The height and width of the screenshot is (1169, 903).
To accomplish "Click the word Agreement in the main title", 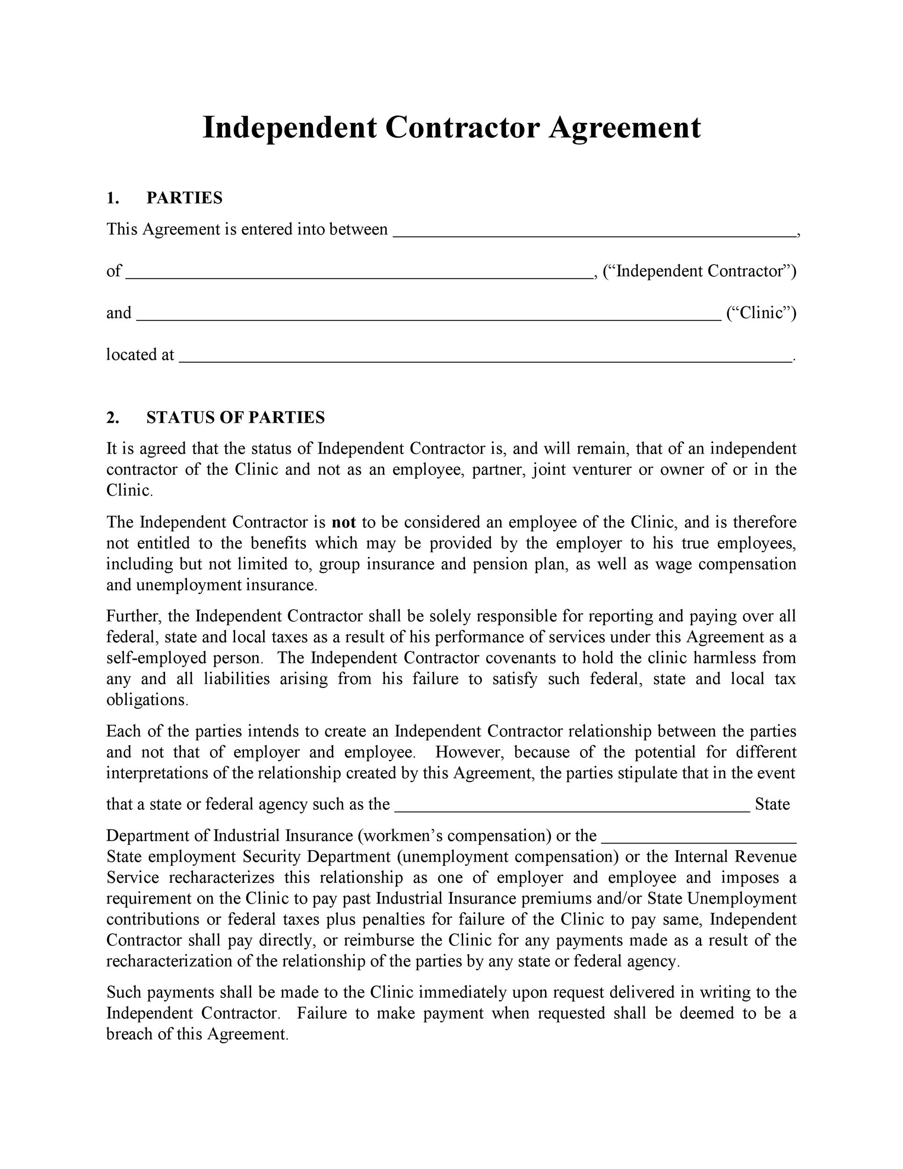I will click(x=624, y=129).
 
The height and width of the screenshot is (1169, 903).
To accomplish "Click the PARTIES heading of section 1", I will click(x=184, y=198).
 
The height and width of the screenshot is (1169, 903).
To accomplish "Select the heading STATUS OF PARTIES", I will click(x=236, y=418).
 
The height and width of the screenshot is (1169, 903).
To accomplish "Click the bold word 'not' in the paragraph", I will click(x=344, y=522).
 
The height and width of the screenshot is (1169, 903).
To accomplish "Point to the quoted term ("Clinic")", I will click(x=761, y=312).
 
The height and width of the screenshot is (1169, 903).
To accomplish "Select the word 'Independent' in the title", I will click(x=289, y=129).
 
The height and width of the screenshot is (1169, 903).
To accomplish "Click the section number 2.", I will click(x=112, y=418).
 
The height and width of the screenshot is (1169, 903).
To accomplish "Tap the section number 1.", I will click(x=112, y=198).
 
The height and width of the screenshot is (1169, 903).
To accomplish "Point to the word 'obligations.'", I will click(x=148, y=700).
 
